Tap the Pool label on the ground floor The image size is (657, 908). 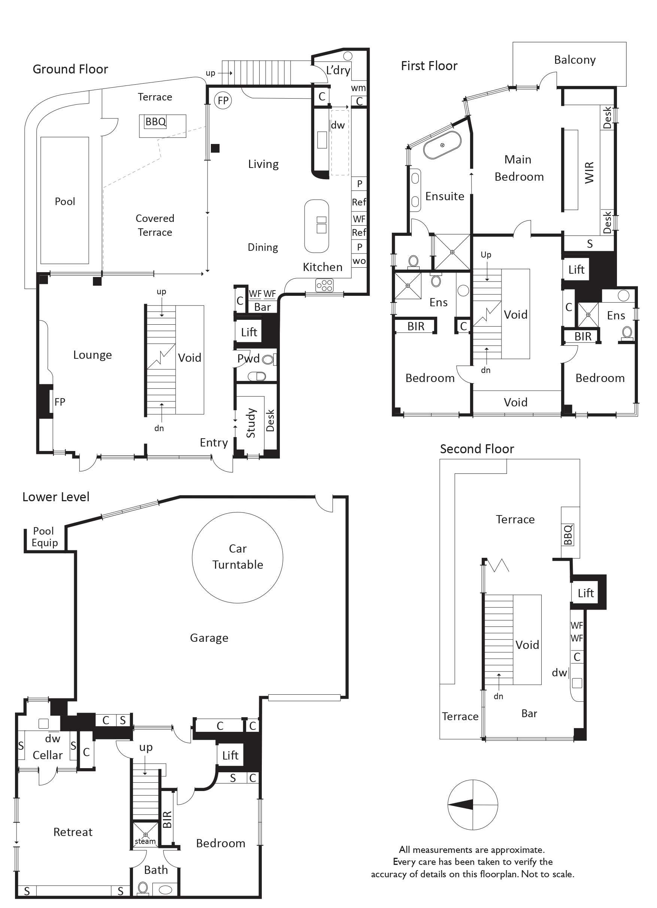click(x=65, y=201)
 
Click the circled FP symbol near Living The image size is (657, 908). click(x=223, y=100)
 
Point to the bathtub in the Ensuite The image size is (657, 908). click(x=442, y=145)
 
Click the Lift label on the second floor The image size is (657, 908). click(x=585, y=593)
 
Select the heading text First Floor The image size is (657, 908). click(x=429, y=66)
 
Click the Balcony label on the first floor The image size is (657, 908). click(x=575, y=60)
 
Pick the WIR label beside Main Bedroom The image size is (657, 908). click(x=589, y=172)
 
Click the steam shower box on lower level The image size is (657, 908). click(x=145, y=835)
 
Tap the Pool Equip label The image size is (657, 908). click(x=45, y=537)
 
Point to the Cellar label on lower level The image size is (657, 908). click(x=48, y=755)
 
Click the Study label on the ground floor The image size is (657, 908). click(x=251, y=423)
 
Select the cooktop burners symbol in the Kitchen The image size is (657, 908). click(x=324, y=285)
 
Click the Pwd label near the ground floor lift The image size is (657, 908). click(x=248, y=358)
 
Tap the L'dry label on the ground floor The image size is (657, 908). click(x=338, y=70)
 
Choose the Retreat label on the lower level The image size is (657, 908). click(x=73, y=832)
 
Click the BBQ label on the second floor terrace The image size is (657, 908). click(x=568, y=535)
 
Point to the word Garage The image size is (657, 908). click(x=209, y=638)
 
